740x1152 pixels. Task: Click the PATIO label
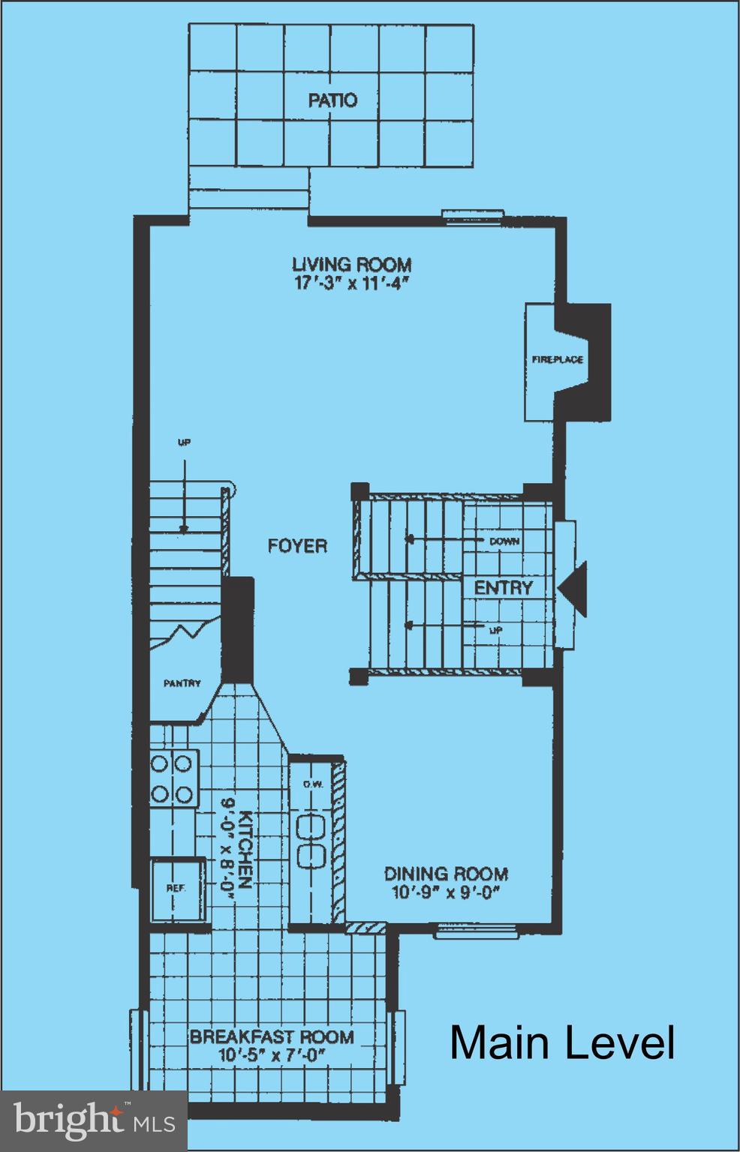(x=332, y=100)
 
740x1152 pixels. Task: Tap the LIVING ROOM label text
(x=351, y=264)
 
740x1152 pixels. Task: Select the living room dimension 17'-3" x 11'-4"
(x=351, y=283)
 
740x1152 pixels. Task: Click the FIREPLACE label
(x=557, y=360)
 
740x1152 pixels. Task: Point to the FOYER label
(x=297, y=545)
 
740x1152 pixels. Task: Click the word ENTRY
(x=503, y=587)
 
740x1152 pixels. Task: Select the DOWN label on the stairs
(x=504, y=541)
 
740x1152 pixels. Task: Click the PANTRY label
(x=182, y=683)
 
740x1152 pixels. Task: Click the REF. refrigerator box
(x=177, y=889)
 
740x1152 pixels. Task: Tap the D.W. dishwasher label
(x=312, y=784)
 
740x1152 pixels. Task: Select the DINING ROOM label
(x=446, y=874)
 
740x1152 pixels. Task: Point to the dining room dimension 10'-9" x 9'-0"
(x=446, y=892)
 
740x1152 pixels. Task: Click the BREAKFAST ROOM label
(x=271, y=1037)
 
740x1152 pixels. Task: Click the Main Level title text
(x=562, y=1042)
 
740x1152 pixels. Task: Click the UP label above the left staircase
(x=183, y=442)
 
